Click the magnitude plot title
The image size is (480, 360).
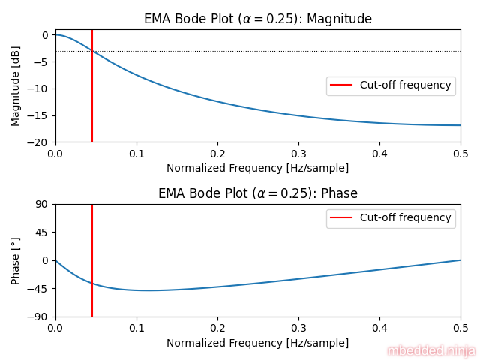pos(258,19)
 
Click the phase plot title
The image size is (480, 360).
pos(258,193)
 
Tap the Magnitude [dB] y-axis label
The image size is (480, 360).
pos(16,86)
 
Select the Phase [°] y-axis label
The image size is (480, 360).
pos(16,260)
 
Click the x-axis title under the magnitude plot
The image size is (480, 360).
pos(257,168)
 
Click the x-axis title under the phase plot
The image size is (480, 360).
pos(257,343)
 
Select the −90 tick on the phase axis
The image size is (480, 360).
pos(39,316)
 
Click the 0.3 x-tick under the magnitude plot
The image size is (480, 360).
pos(298,153)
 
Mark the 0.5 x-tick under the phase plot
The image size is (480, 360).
pos(460,328)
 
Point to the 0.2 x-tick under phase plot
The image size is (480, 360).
pos(217,328)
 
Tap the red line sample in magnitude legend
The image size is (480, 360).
pos(342,85)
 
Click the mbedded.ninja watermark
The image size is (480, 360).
pos(431,350)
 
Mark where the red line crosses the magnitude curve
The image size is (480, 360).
pos(92,51)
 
